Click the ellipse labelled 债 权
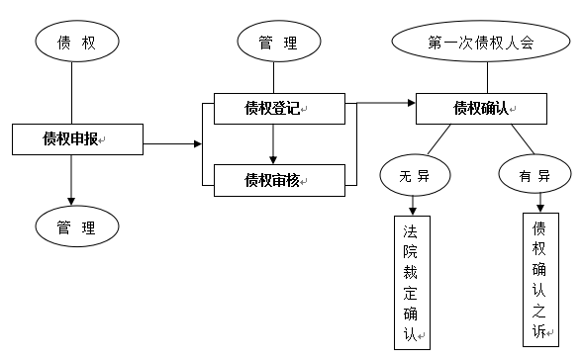tap(76, 42)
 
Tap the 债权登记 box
tap(279, 109)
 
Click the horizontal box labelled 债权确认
tap(481, 109)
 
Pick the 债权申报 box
tap(77, 139)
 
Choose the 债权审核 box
tap(279, 180)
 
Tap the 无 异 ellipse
tap(415, 176)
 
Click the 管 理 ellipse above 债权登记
tap(279, 43)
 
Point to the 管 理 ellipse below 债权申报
tap(76, 227)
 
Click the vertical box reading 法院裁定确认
tap(411, 283)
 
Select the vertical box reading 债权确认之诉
tap(540, 279)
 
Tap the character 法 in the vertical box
tap(410, 231)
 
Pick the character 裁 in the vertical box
tap(410, 272)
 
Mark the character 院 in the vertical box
tap(410, 251)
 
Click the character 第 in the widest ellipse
tap(435, 44)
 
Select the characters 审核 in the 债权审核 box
tap(287, 180)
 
